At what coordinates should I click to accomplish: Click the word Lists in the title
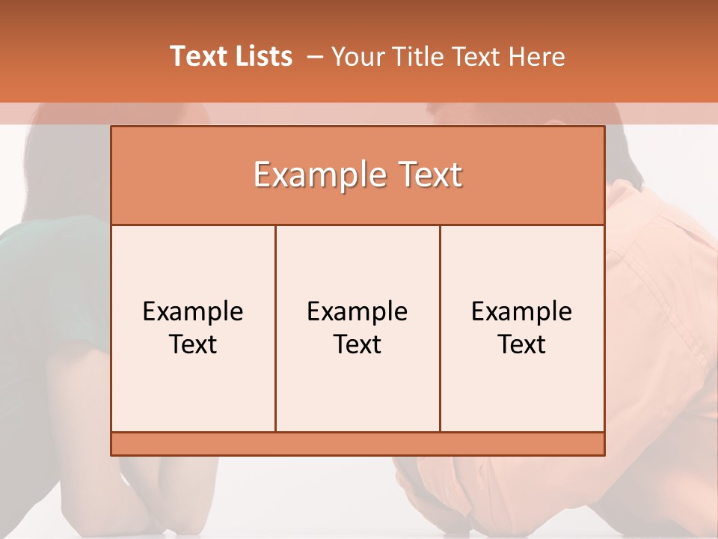pos(261,56)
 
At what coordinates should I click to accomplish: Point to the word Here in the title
pos(536,56)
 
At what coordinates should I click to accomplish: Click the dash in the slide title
pos(315,56)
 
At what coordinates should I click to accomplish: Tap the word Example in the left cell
pos(193,311)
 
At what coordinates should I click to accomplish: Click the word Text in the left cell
pos(193,344)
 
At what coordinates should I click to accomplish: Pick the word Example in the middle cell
pos(358,311)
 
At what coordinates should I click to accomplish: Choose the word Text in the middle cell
pos(358,344)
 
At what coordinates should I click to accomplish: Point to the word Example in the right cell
pos(522,311)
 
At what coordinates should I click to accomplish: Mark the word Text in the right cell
pos(522,344)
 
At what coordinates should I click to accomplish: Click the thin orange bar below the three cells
pos(358,444)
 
